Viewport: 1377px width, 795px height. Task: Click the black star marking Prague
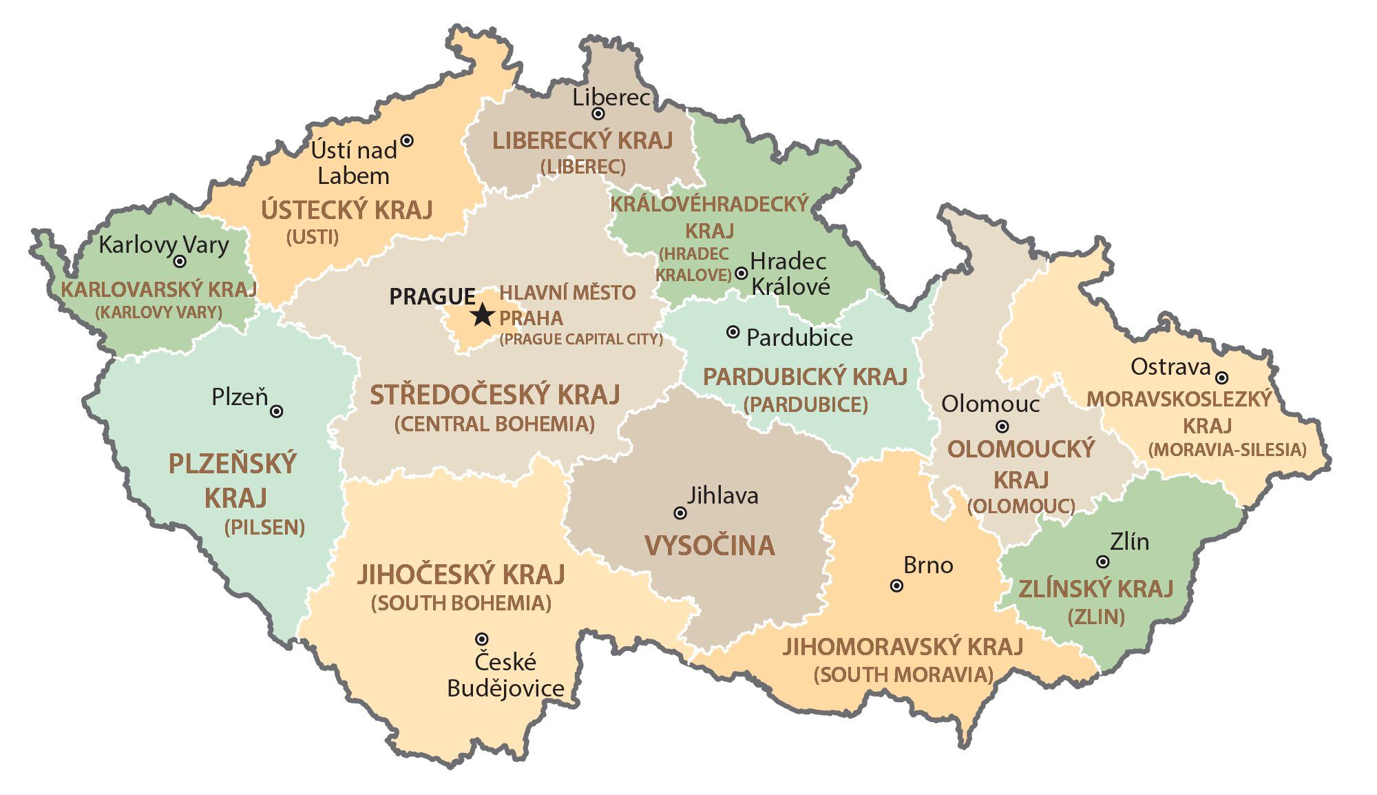(483, 316)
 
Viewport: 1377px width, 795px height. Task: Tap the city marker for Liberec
(598, 114)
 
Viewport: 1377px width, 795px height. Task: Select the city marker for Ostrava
(1221, 378)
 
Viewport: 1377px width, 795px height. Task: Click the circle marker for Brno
(896, 586)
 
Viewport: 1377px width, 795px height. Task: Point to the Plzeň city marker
(277, 411)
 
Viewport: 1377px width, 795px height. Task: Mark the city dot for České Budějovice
(483, 639)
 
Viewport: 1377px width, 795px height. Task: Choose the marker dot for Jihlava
(680, 513)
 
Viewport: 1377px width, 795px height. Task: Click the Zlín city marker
(1103, 562)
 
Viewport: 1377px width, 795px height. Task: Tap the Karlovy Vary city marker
(180, 262)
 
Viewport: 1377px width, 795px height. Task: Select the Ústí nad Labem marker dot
(407, 141)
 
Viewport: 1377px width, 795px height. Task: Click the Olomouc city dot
(1003, 426)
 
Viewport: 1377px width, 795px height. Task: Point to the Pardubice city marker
(733, 332)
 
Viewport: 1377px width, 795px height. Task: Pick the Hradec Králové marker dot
(742, 273)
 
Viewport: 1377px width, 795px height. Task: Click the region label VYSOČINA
(710, 546)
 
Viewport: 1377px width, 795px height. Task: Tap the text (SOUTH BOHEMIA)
(461, 603)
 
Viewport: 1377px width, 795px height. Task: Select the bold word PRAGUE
(432, 297)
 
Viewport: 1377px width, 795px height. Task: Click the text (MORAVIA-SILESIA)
(1227, 450)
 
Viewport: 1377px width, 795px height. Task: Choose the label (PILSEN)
(264, 528)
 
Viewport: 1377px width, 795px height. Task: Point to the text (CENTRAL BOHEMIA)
(494, 424)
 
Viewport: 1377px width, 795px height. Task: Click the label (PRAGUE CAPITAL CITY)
(581, 339)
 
